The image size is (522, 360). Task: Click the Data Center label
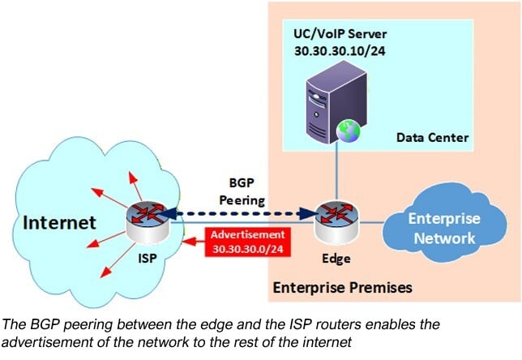tap(432, 138)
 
